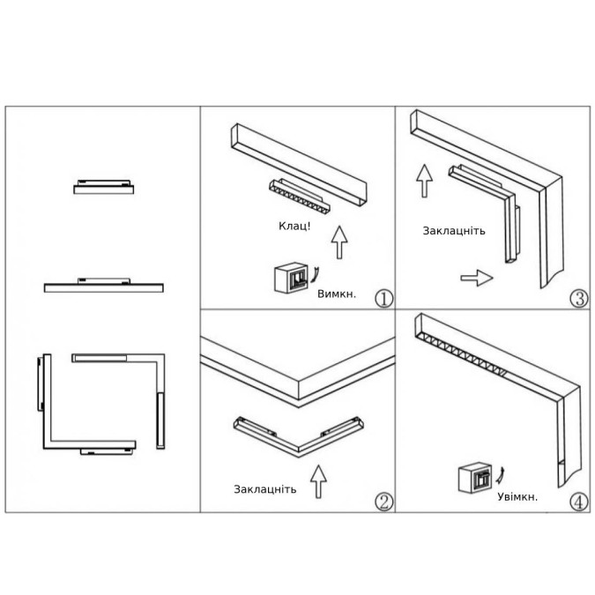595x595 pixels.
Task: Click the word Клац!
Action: click(294, 227)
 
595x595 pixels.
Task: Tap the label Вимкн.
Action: click(337, 294)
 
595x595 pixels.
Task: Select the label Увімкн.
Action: click(517, 497)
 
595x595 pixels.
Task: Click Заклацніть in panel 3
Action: click(454, 231)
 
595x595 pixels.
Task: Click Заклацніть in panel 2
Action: click(264, 489)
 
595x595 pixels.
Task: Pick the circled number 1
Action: click(384, 299)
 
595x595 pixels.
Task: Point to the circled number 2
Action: click(384, 502)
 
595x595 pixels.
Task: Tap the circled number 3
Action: click(579, 299)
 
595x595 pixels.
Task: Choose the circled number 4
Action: click(579, 502)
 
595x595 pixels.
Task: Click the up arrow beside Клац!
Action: click(339, 243)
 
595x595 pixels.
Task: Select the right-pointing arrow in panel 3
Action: click(477, 278)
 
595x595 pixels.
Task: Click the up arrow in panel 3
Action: click(424, 181)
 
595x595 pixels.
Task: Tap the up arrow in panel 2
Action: click(318, 481)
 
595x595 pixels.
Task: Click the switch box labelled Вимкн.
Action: click(291, 278)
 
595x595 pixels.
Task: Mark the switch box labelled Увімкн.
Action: click(475, 478)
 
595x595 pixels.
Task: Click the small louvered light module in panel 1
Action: click(299, 196)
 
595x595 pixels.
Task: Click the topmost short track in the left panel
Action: click(104, 187)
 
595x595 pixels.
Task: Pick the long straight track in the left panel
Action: click(104, 286)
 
